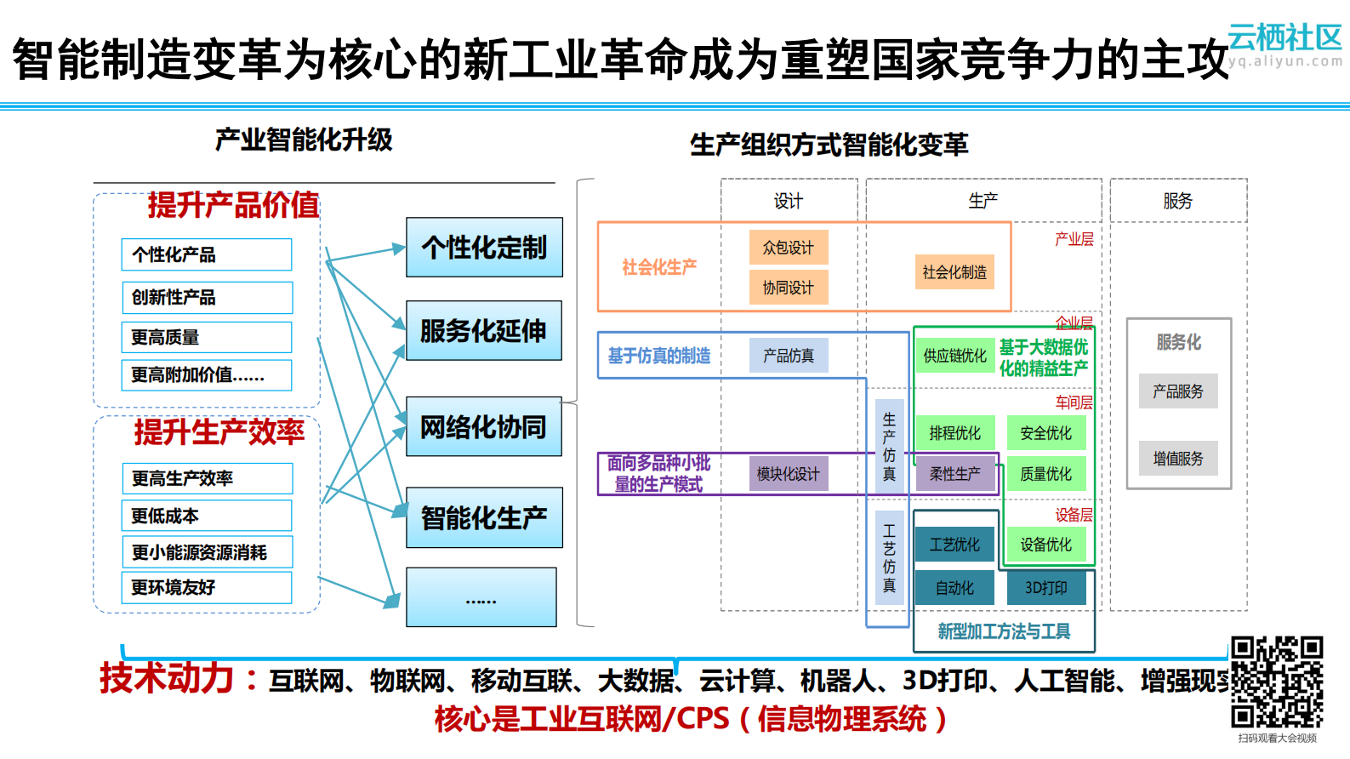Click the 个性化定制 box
[x=484, y=248]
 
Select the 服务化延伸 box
[x=483, y=331]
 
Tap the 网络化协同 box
[x=483, y=426]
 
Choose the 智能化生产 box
[x=484, y=517]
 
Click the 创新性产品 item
[x=207, y=298]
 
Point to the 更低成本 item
[x=207, y=516]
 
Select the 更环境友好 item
[x=207, y=587]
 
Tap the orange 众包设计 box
[x=788, y=248]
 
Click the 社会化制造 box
[x=954, y=272]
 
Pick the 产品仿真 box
[x=788, y=356]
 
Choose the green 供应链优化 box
[x=954, y=356]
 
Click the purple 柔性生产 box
[x=954, y=474]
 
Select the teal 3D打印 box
[x=1045, y=588]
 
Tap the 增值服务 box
[x=1178, y=459]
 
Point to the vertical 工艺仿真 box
[x=889, y=558]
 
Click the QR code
[x=1277, y=682]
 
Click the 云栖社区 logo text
[x=1284, y=37]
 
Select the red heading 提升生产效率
[x=219, y=432]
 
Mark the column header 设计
[x=788, y=201]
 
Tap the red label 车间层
[x=1074, y=402]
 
